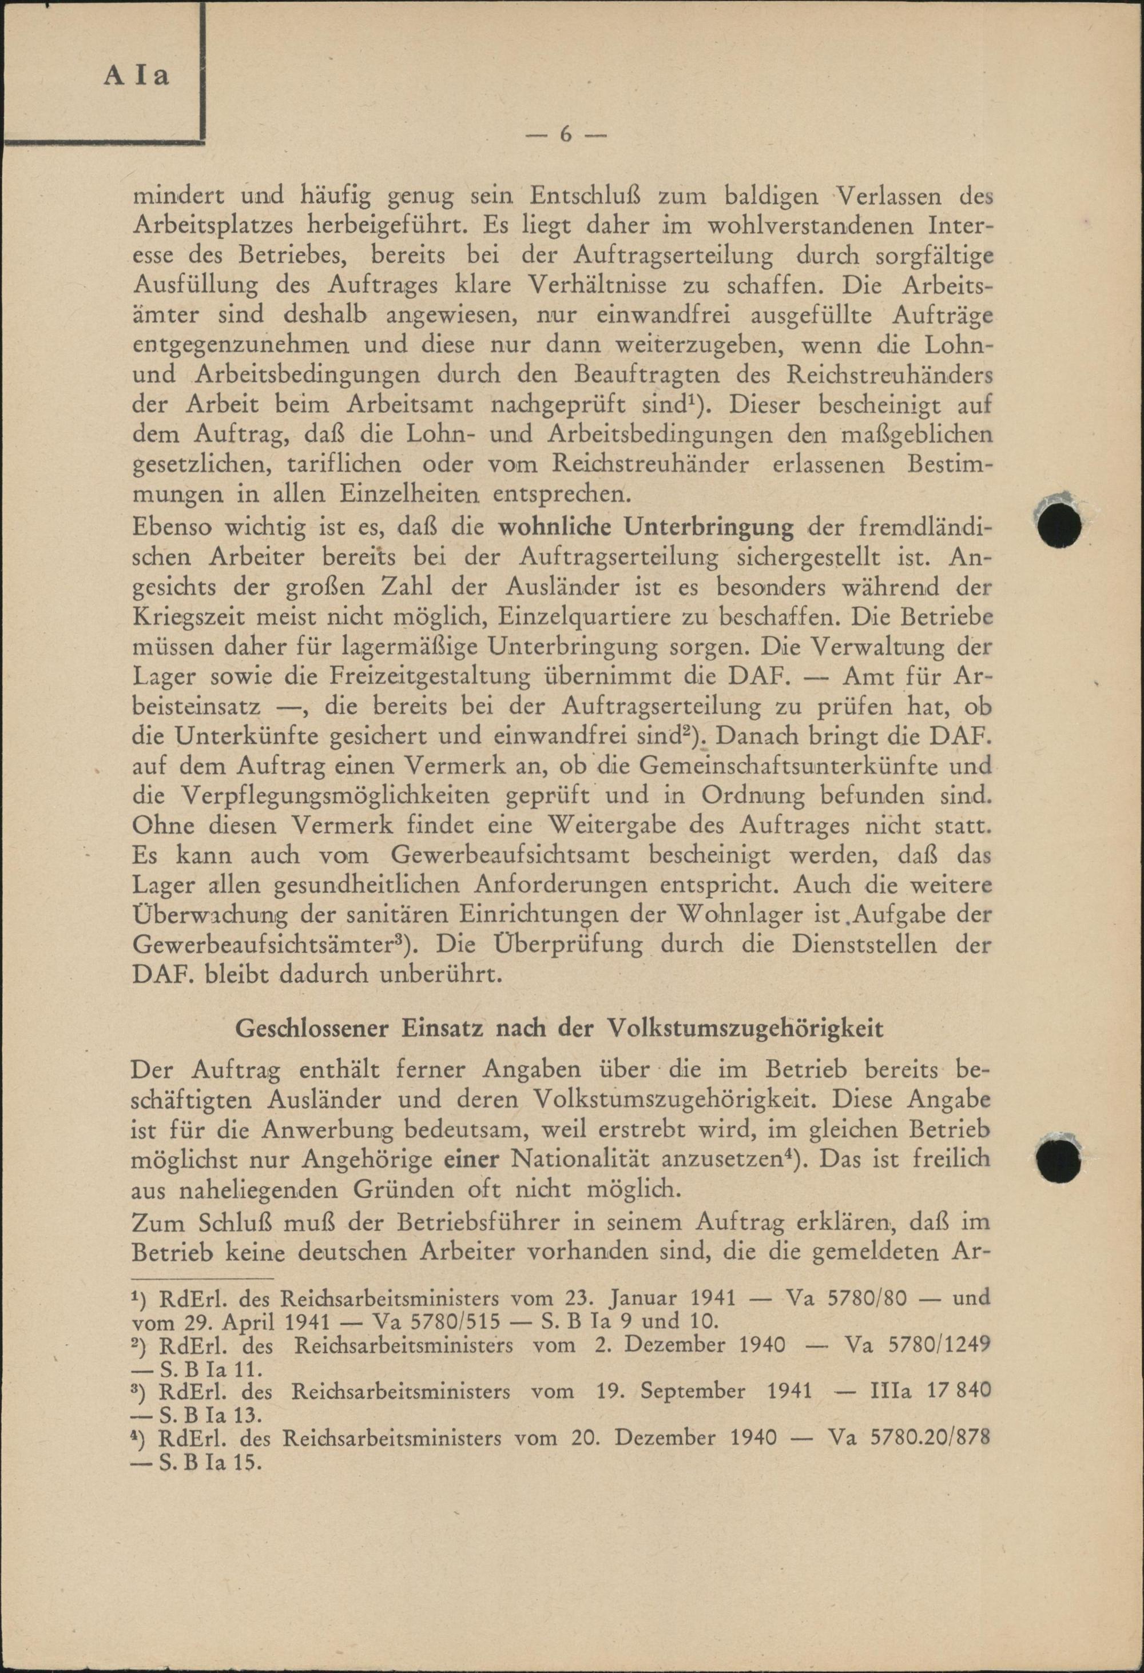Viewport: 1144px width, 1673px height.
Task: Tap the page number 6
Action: (565, 134)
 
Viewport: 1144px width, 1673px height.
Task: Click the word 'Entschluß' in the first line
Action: (585, 194)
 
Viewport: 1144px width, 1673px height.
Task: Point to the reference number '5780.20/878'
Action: (929, 1439)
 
